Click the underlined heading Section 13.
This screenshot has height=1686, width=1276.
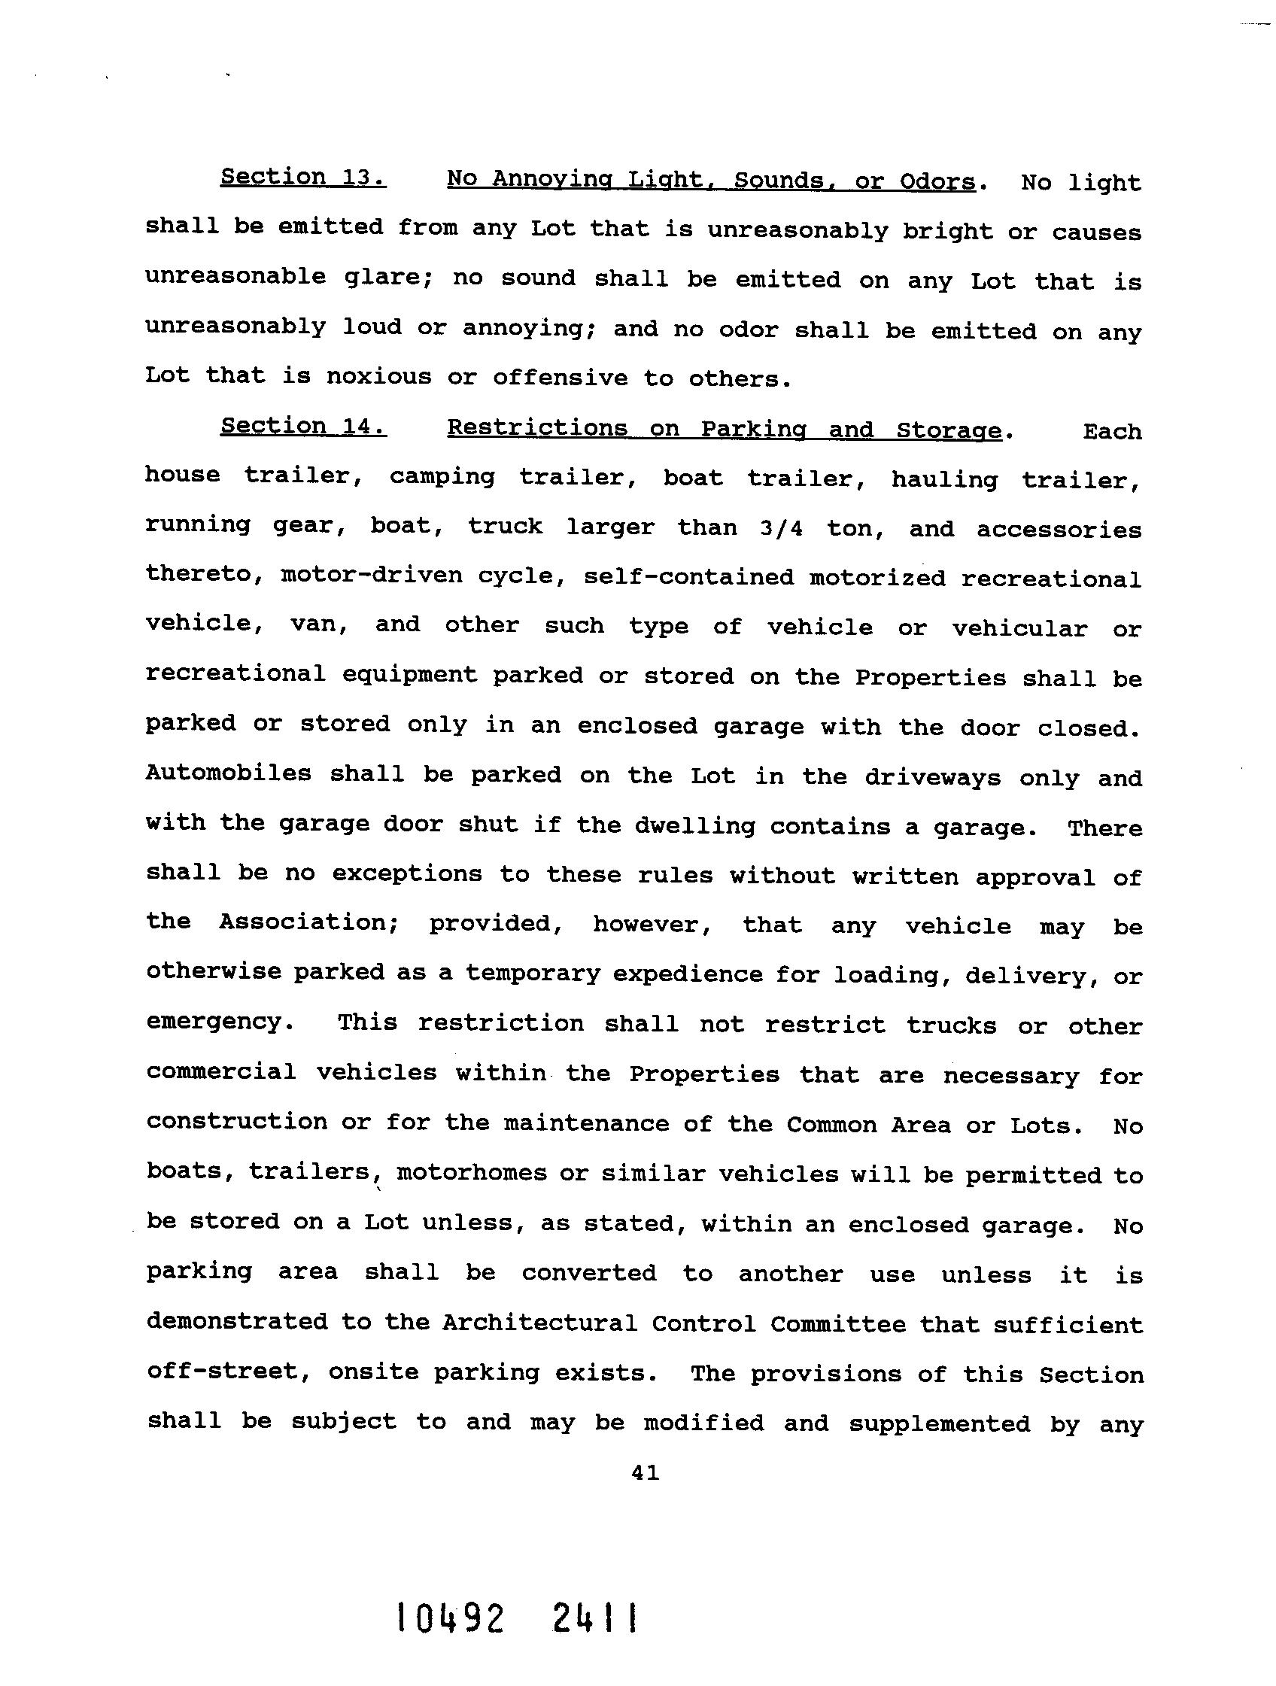coord(302,177)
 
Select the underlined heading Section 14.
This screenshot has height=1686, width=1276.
coord(302,426)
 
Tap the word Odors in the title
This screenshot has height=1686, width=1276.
coord(937,181)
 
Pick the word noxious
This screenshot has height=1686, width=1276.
coord(378,376)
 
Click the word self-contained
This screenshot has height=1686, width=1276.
coord(688,577)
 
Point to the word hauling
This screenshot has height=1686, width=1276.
coord(943,480)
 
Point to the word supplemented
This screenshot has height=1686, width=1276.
coord(939,1423)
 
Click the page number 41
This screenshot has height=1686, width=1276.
coord(645,1473)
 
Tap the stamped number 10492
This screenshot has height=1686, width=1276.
coord(449,1618)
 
